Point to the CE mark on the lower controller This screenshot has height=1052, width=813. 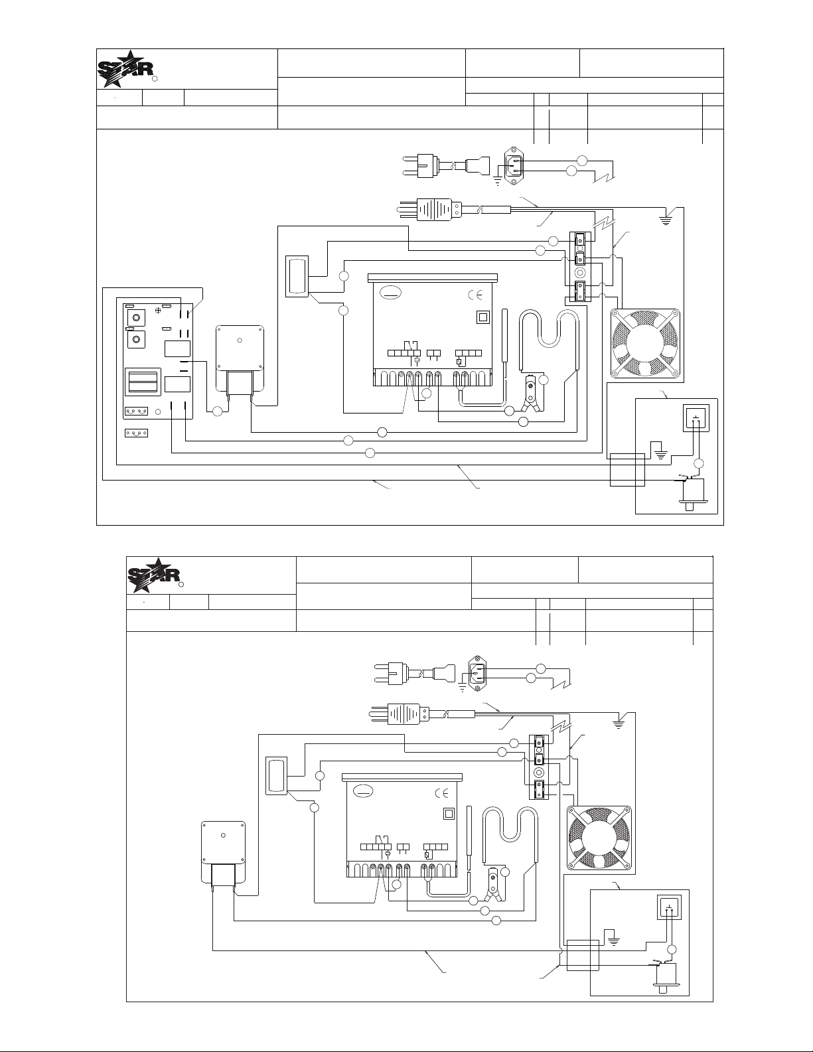(442, 792)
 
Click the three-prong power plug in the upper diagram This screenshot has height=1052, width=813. (431, 209)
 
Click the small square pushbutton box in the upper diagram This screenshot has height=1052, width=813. (695, 418)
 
